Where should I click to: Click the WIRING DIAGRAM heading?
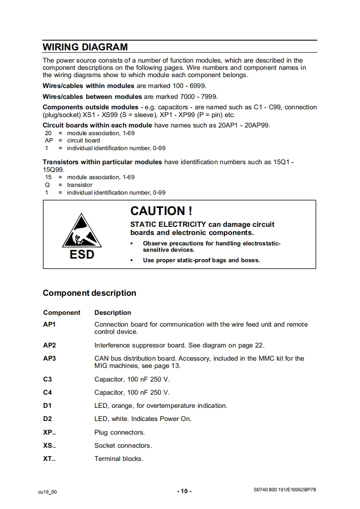pos(85,47)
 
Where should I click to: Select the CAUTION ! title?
pos(161,211)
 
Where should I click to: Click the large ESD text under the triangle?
pos(82,254)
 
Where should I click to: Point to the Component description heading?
pos(89,293)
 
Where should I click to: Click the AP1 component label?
pos(49,324)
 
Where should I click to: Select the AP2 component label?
pos(49,345)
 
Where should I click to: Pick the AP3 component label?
pos(49,358)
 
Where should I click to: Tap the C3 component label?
pos(48,379)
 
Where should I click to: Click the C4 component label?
pos(48,392)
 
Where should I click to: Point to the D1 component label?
pos(48,406)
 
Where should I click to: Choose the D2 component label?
pos(48,419)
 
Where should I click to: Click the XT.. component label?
pos(49,459)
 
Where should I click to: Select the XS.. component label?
pos(49,445)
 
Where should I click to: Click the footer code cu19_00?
pos(48,492)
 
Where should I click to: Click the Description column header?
pos(113,313)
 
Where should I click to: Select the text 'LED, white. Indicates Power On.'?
pos(143,419)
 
